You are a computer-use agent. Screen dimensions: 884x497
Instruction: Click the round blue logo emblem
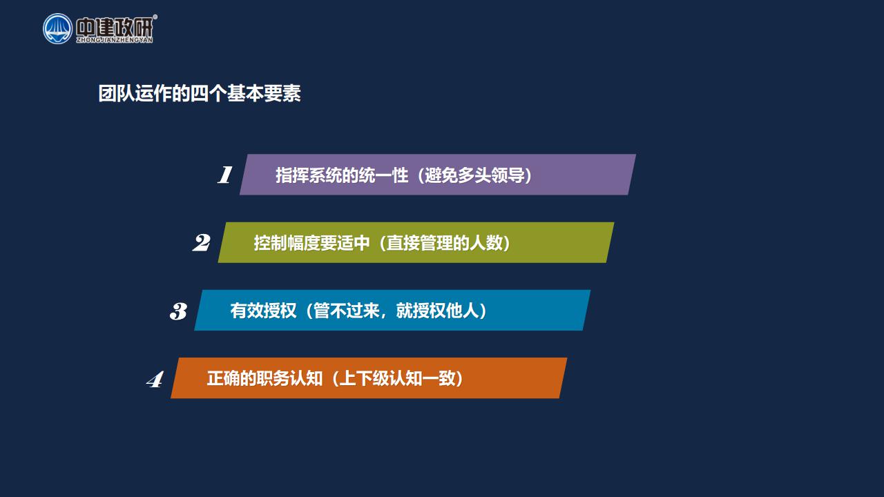point(57,29)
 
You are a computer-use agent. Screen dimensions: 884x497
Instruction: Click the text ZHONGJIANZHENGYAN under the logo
point(115,40)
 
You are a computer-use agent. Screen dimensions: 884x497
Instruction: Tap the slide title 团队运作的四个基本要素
point(200,94)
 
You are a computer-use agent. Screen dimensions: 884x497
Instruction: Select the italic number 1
point(225,175)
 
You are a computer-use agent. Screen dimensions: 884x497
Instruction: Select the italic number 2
point(201,242)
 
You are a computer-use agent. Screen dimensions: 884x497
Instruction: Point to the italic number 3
point(178,311)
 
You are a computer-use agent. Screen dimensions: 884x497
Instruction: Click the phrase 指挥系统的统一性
point(342,175)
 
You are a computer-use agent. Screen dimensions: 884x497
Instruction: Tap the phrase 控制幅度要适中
point(311,243)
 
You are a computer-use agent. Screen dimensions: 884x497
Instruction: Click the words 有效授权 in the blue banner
point(263,311)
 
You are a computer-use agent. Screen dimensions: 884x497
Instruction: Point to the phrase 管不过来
point(347,311)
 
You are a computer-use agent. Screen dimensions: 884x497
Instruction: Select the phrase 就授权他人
point(437,311)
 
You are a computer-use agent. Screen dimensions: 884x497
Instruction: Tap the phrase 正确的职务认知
point(265,379)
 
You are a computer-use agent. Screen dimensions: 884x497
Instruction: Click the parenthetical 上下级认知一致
point(397,379)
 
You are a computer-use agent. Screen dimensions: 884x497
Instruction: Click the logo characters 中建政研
point(115,27)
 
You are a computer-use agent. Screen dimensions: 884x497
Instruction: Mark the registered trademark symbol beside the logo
point(155,17)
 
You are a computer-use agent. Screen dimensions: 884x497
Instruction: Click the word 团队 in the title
point(116,94)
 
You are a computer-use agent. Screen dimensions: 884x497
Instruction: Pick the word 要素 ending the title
point(282,94)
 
